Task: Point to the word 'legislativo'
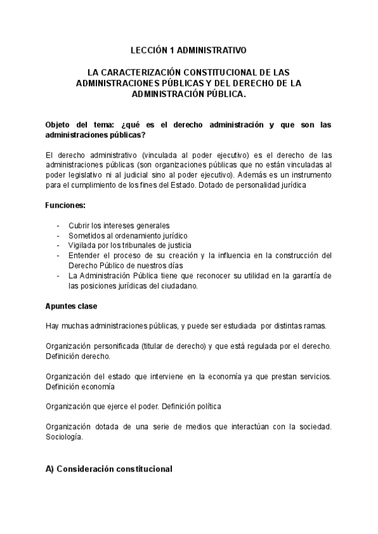pyautogui.click(x=84, y=174)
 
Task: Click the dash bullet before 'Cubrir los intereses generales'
pyautogui.click(x=59, y=225)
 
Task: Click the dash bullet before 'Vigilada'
pyautogui.click(x=59, y=245)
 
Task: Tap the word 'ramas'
pyautogui.click(x=314, y=326)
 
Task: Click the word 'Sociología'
pyautogui.click(x=64, y=436)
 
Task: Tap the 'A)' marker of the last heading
pyautogui.click(x=51, y=469)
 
